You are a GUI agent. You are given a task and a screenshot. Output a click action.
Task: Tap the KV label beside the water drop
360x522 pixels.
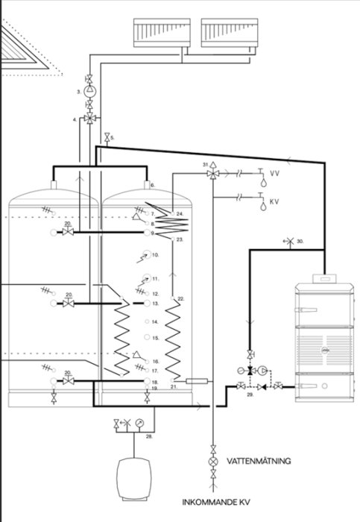(274, 201)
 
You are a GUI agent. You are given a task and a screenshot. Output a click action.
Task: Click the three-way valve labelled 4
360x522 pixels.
(89, 119)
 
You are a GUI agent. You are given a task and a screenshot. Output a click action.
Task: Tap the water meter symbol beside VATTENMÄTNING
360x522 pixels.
(214, 461)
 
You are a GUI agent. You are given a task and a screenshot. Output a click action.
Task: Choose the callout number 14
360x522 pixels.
(156, 322)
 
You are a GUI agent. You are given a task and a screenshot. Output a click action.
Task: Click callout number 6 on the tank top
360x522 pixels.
(151, 183)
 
